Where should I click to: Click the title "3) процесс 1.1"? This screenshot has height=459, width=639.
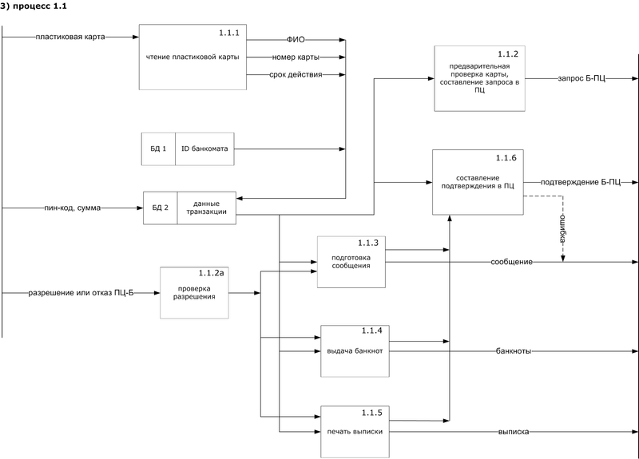coord(34,7)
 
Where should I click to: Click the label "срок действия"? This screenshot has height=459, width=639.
coord(296,75)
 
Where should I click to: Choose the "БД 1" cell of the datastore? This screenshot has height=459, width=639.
coord(158,149)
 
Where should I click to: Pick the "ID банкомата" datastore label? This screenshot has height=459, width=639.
coord(204,149)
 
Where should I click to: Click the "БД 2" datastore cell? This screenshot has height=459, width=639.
coord(160,208)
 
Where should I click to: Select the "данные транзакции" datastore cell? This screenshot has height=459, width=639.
coord(206,208)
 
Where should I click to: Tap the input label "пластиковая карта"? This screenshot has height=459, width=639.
coord(70,38)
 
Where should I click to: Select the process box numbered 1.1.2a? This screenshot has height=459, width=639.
coord(194,292)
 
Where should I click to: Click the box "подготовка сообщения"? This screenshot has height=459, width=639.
coord(351,262)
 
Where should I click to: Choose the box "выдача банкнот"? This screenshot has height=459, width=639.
coord(354,350)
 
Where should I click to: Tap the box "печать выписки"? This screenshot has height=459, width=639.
coord(354,431)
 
